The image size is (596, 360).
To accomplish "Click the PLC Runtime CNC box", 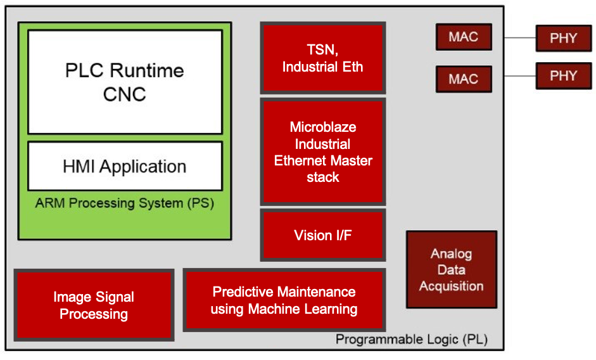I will (125, 82).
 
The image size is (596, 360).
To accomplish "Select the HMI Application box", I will (125, 167).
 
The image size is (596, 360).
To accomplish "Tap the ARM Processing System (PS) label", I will (125, 203).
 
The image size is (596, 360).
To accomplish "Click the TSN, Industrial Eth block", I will (322, 58).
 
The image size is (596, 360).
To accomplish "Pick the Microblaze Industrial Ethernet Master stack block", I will (322, 152).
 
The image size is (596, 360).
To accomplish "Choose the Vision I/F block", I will (322, 235).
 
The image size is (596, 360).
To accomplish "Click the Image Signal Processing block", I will (94, 305).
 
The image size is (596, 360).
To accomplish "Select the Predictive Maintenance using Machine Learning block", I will (284, 300).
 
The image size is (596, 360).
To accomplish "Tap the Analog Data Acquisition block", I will (451, 270).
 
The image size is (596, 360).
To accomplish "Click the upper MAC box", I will (463, 37).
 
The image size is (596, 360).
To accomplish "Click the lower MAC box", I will (463, 79).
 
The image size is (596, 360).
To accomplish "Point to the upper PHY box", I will (563, 38).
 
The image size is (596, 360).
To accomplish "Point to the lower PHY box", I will (563, 76).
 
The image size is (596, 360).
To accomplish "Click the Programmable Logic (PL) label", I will (412, 339).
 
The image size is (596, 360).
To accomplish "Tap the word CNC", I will (125, 94).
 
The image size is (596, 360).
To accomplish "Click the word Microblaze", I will (322, 127).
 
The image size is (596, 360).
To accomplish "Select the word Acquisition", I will (451, 286).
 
